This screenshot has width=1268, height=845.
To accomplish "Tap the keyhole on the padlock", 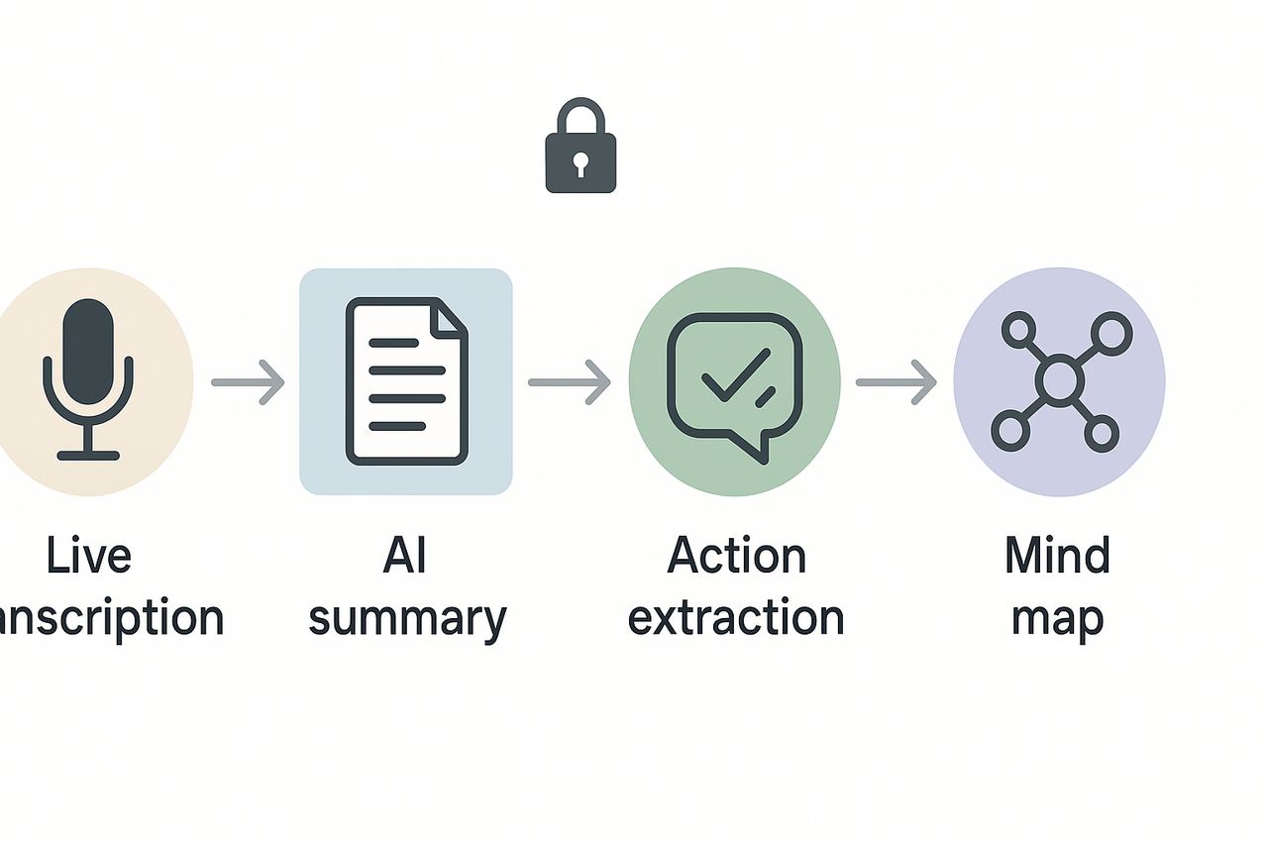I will [x=581, y=160].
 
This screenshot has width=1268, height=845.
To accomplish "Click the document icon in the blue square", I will [x=405, y=381].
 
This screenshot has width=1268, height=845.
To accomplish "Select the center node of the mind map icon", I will [x=1060, y=380].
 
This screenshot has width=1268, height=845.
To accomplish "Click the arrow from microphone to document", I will [x=249, y=381].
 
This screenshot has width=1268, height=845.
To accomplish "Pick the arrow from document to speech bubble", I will [x=570, y=381].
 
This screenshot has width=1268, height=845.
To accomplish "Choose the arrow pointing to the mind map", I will [x=896, y=381].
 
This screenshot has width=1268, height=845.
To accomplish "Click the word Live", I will [x=87, y=556].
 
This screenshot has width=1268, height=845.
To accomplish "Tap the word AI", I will [x=404, y=556].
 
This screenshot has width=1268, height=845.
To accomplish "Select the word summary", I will [x=407, y=619].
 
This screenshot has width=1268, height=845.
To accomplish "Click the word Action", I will [x=736, y=556].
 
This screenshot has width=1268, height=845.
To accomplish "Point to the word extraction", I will [x=736, y=617].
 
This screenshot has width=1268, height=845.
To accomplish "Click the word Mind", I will [x=1058, y=556].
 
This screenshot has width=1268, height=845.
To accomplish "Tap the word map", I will [x=1058, y=619].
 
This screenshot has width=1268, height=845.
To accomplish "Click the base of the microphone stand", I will [x=88, y=455].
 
